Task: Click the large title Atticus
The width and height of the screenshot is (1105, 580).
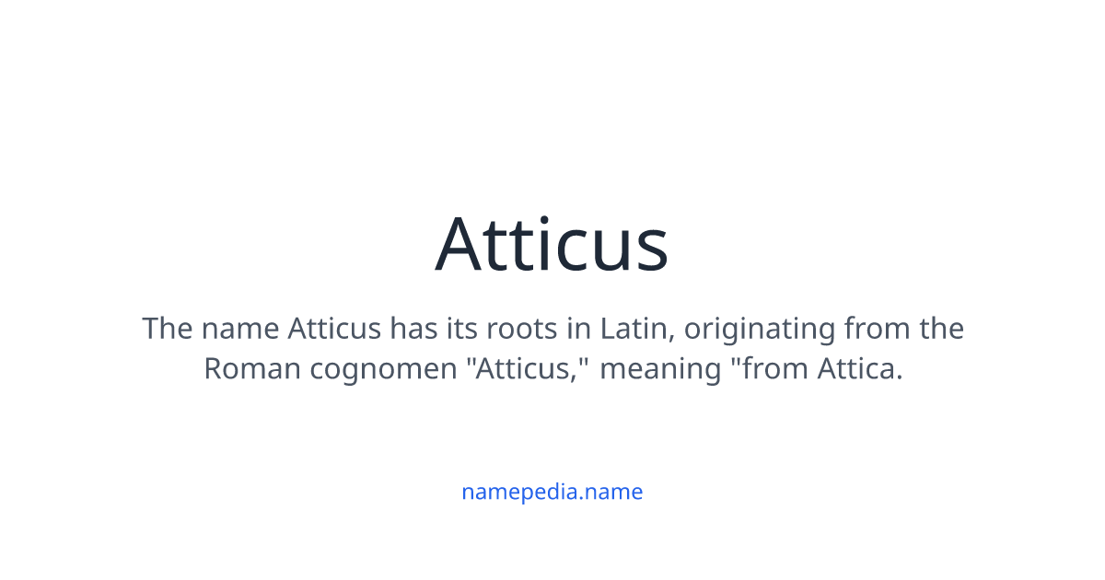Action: [x=552, y=245]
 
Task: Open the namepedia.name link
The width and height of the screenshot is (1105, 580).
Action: [x=552, y=492]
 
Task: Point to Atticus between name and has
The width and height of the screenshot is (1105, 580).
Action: [x=334, y=329]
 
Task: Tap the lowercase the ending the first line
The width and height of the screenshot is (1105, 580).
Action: [x=940, y=329]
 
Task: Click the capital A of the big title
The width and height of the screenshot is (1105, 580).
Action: [x=462, y=245]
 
